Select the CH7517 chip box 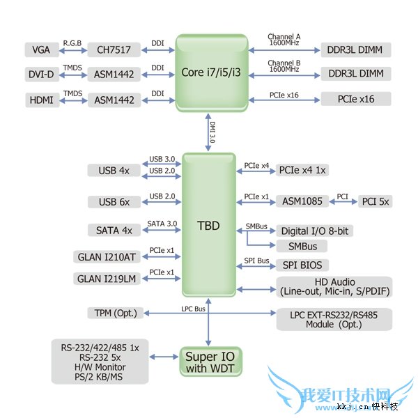(114, 50)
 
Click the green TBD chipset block (208, 226)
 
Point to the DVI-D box (41, 74)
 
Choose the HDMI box (42, 100)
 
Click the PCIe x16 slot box (356, 99)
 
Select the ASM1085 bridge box (302, 202)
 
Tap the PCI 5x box (376, 202)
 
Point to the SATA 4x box (114, 230)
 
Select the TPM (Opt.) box (114, 313)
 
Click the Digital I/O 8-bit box (313, 231)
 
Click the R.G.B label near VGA (72, 42)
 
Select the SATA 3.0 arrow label (162, 223)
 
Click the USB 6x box (114, 202)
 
